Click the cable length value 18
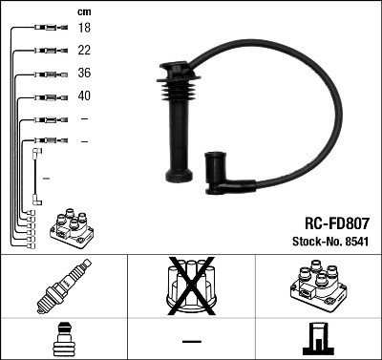(x=84, y=29)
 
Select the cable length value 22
(x=84, y=51)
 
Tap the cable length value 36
(x=84, y=74)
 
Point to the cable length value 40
(x=84, y=96)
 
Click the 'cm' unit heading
(x=83, y=11)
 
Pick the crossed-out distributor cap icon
(x=190, y=287)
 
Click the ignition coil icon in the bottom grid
(x=317, y=287)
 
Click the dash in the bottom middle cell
(x=191, y=340)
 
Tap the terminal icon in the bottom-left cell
(x=63, y=340)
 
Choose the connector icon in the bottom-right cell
(x=318, y=340)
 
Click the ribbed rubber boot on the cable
(x=179, y=99)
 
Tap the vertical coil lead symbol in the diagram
(x=37, y=177)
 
